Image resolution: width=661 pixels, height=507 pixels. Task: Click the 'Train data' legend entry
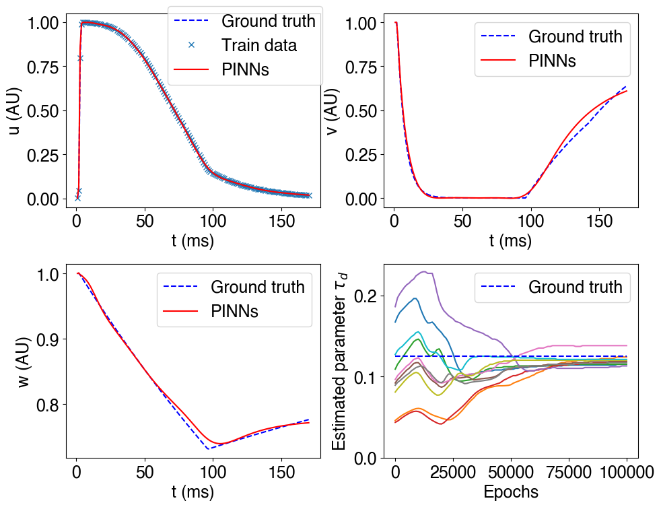pyautogui.click(x=259, y=46)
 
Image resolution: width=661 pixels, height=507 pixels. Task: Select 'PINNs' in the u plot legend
pyautogui.click(x=245, y=70)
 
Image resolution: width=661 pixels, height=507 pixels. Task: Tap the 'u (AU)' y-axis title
pyautogui.click(x=15, y=111)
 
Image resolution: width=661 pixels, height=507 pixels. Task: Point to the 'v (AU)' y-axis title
pyautogui.click(x=332, y=111)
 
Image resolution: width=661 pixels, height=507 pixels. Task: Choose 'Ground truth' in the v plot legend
pyautogui.click(x=575, y=36)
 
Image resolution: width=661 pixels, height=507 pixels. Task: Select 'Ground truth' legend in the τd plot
pyautogui.click(x=575, y=288)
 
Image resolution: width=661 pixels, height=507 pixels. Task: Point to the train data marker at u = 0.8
pyautogui.click(x=80, y=58)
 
